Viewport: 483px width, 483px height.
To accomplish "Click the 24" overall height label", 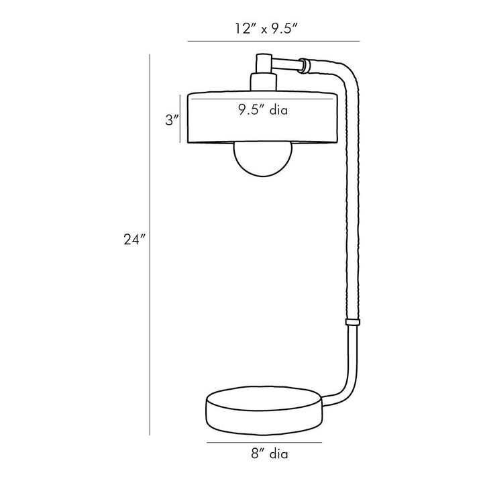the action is pos(134,239).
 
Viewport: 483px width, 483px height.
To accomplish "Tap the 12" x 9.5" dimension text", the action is pos(266,29).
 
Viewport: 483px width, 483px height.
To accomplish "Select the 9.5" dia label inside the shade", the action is pos(263,109).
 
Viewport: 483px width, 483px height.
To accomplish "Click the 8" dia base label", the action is pos(270,453).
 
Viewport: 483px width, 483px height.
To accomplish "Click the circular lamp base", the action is pos(264,411).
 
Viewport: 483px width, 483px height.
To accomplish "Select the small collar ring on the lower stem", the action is pos(352,322).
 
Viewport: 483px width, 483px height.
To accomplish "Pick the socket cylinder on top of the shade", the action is pos(263,82).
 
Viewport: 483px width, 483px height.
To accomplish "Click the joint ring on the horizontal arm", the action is pos(305,66).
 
